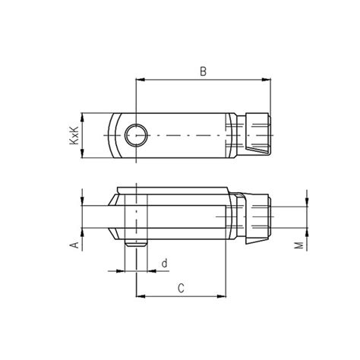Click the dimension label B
[203, 72]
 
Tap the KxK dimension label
[74, 135]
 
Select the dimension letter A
[74, 245]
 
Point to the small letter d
[164, 263]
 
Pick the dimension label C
[181, 288]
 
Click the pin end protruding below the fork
[135, 245]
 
